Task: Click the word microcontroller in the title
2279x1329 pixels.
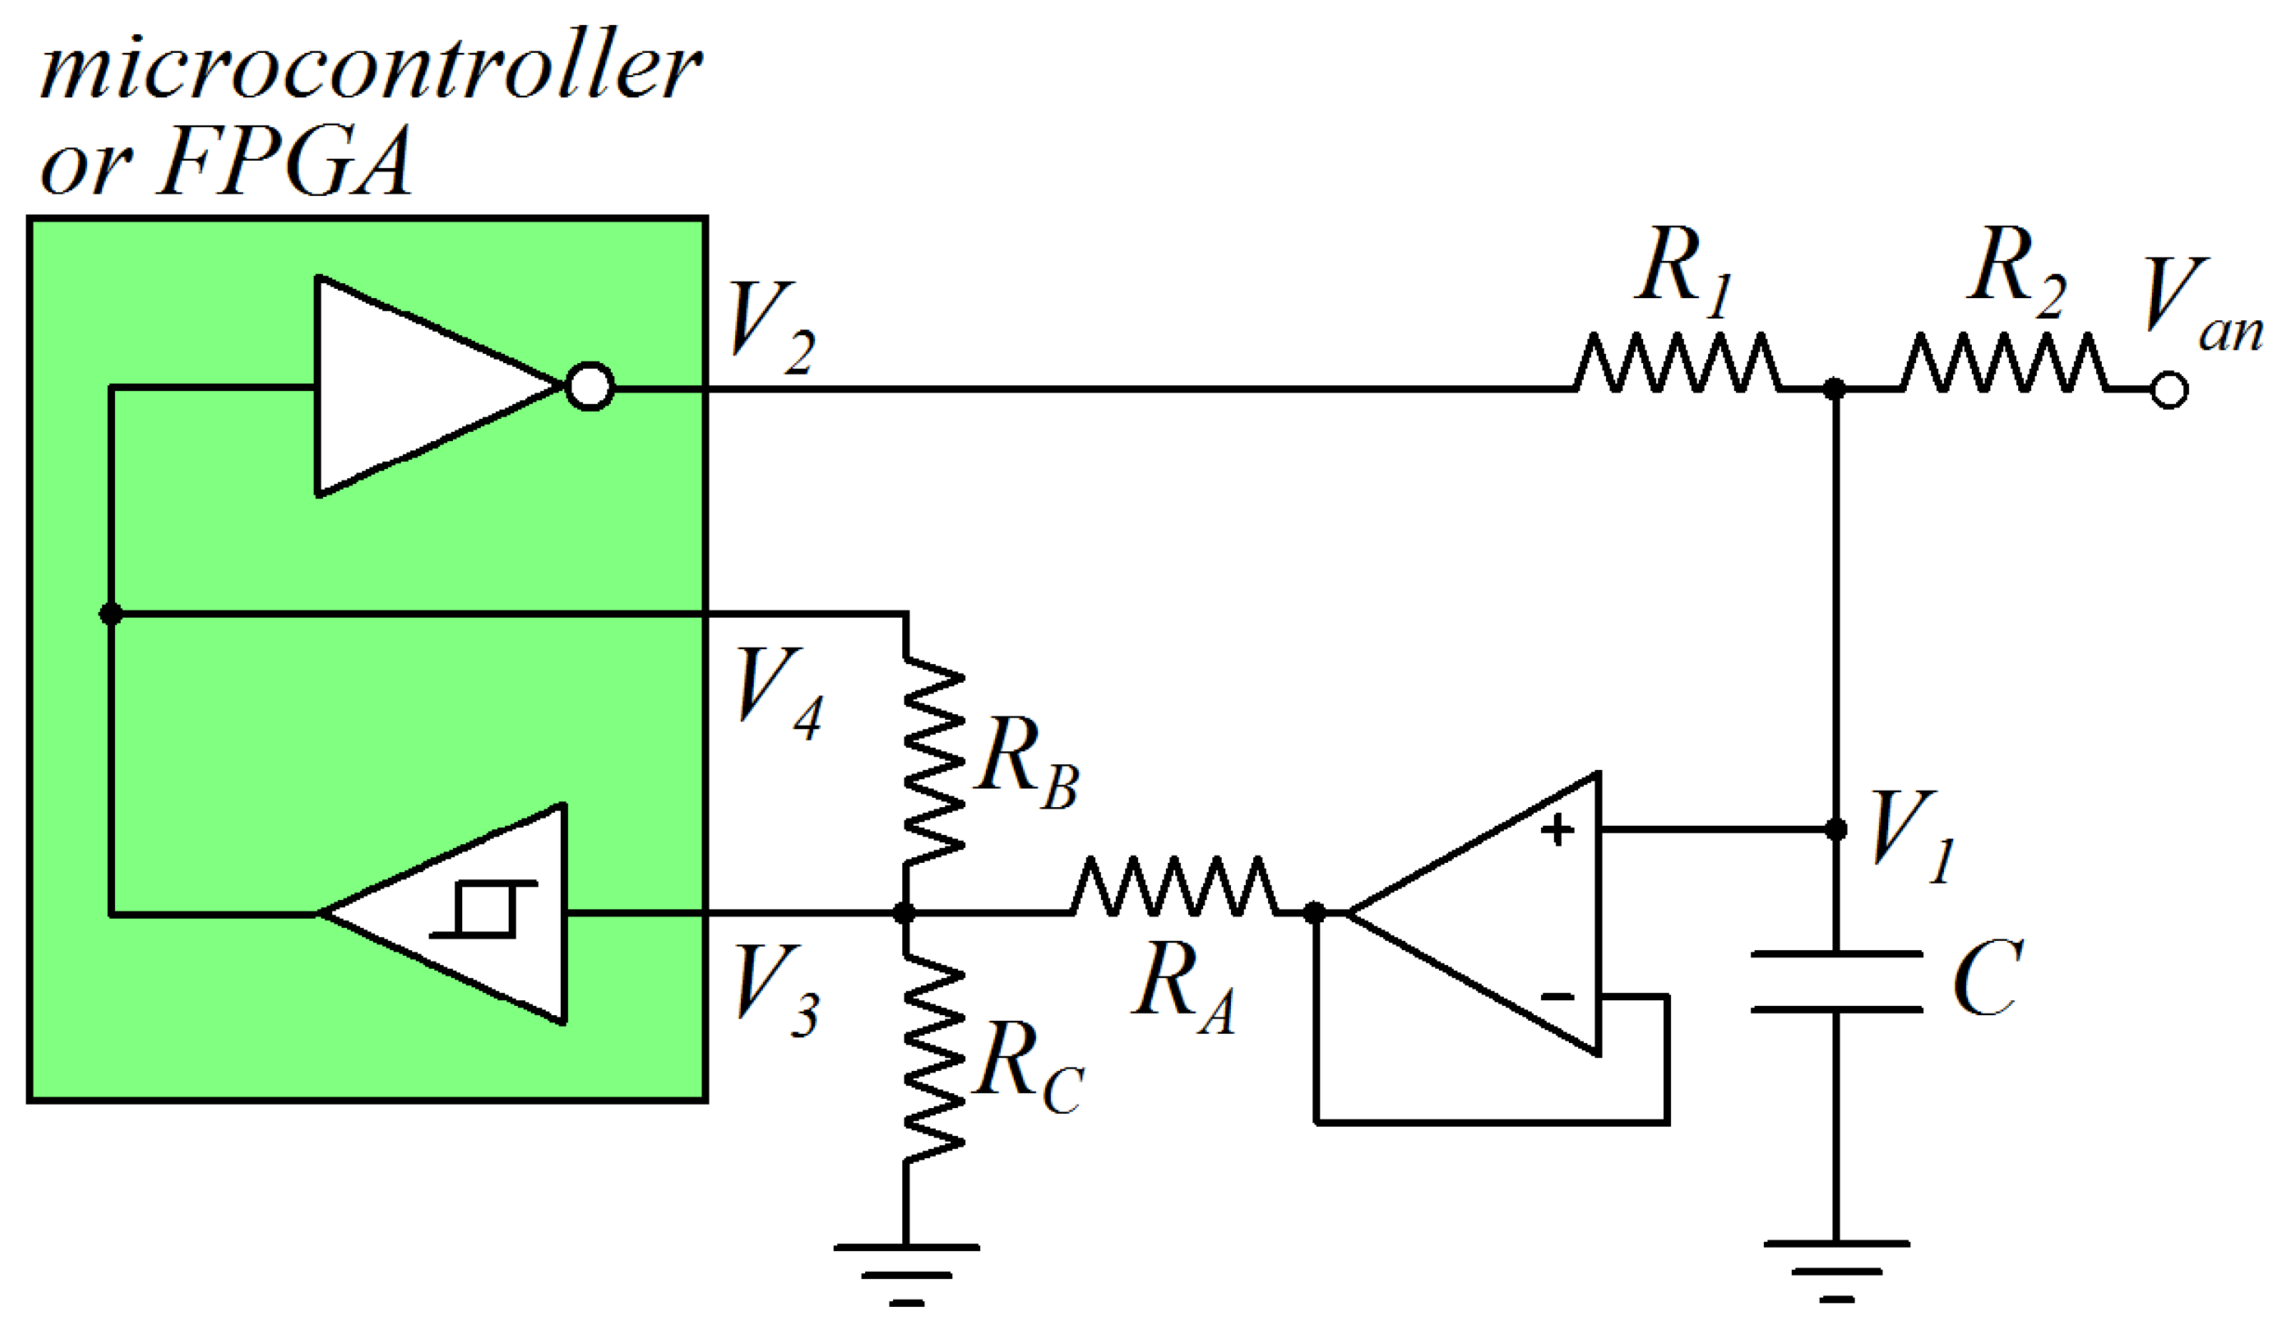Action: click(371, 68)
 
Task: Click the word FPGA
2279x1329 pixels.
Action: click(285, 163)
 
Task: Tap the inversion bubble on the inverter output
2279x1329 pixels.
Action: click(589, 387)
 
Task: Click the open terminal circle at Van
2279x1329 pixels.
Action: click(2170, 391)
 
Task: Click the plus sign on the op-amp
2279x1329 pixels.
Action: click(1557, 829)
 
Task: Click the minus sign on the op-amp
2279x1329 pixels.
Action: click(1557, 998)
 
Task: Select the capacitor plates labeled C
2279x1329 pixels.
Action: click(1836, 982)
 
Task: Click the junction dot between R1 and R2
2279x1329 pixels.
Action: click(1835, 389)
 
